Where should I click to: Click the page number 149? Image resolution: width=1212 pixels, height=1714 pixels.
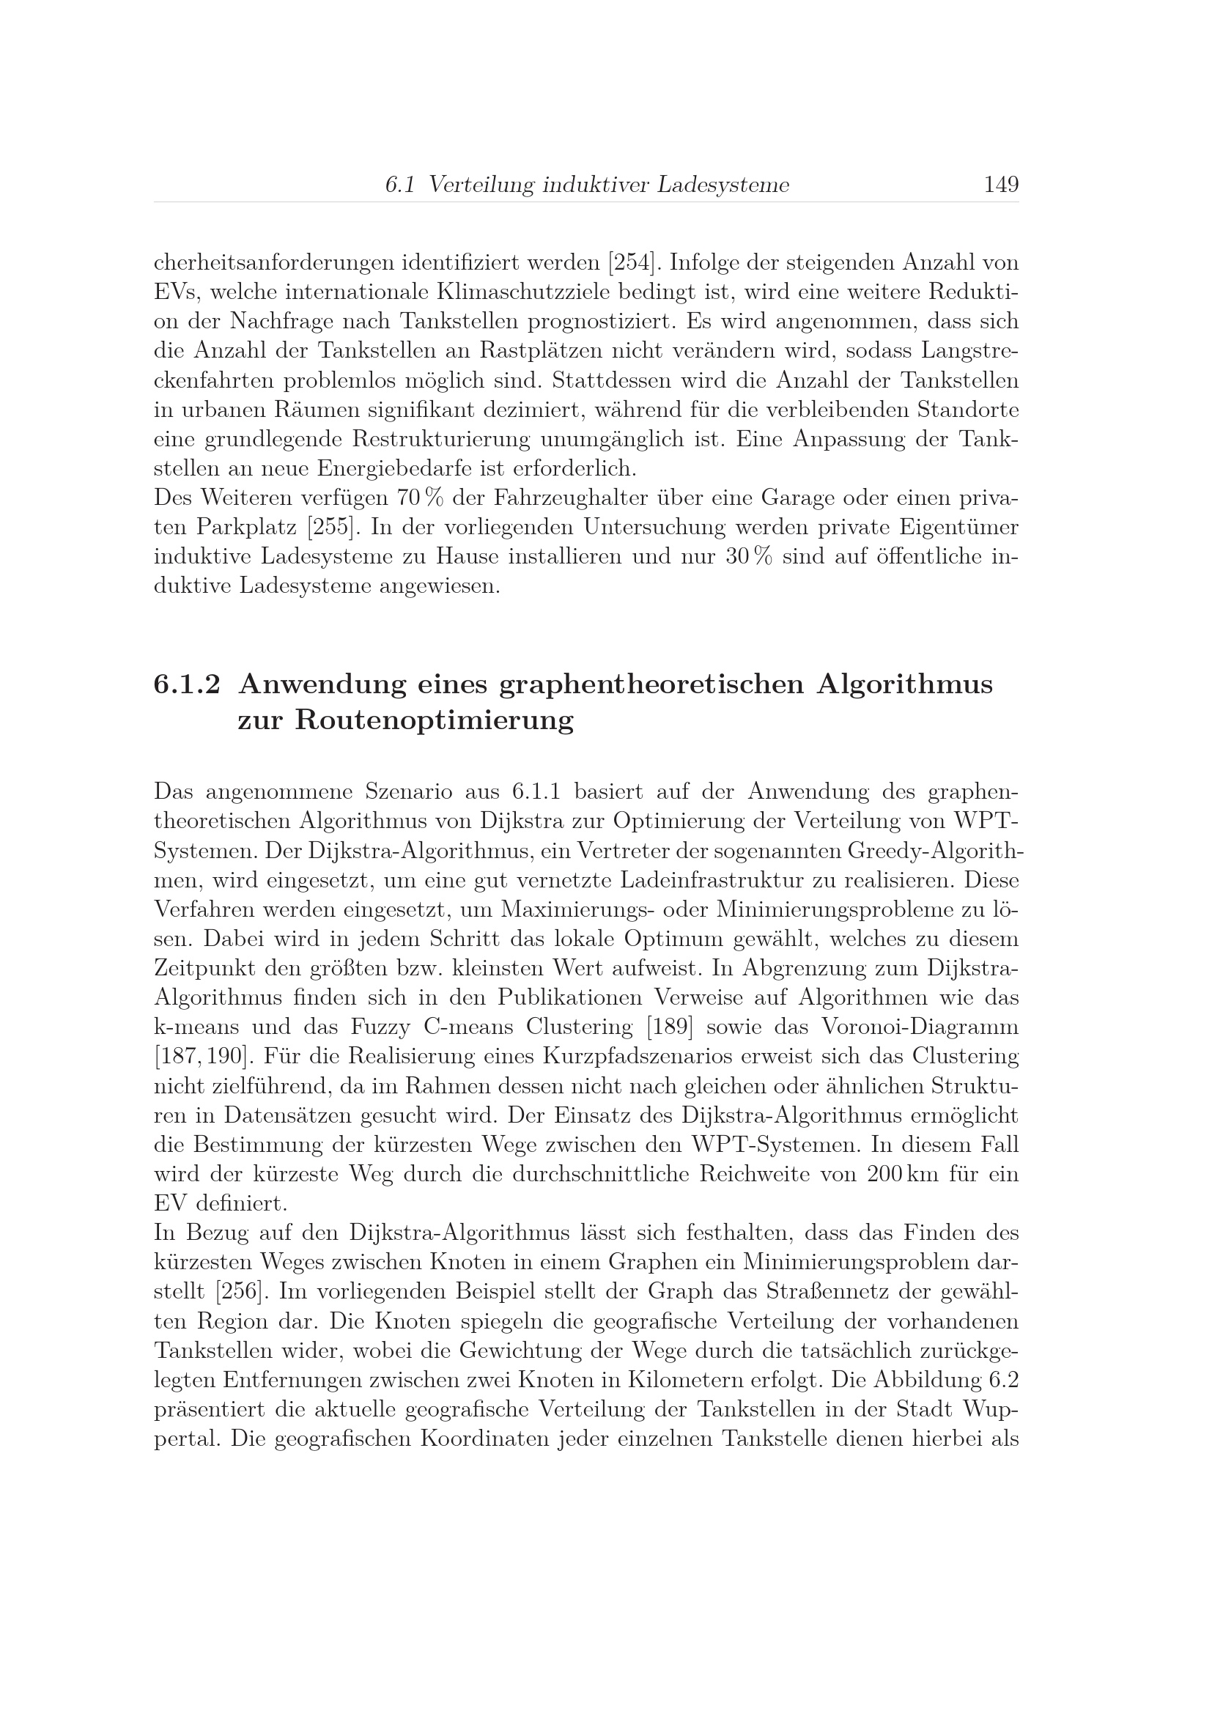1001,185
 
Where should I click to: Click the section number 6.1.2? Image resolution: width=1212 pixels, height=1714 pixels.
187,684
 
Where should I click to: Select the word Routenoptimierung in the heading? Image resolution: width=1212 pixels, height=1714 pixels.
435,720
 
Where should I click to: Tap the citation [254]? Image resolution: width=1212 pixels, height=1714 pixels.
634,263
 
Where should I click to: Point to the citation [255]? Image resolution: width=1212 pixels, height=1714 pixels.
329,527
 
